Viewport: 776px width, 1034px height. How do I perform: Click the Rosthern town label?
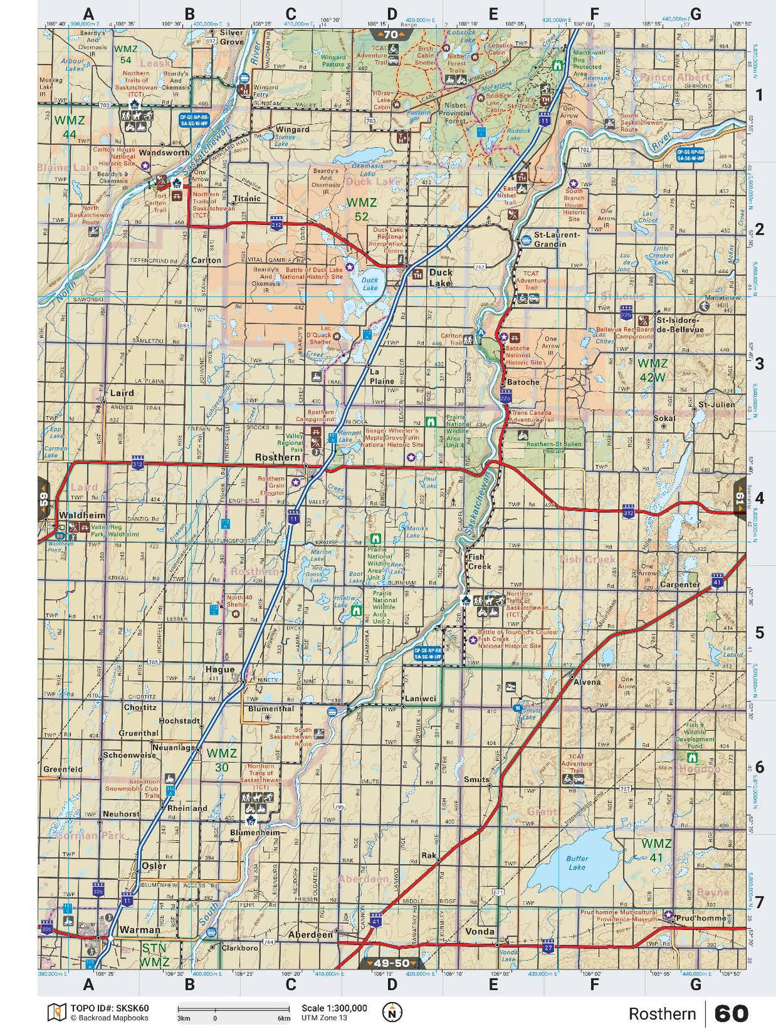(x=277, y=458)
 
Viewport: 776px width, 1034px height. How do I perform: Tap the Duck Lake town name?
(x=440, y=277)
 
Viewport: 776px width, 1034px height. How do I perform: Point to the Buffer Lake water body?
(x=577, y=863)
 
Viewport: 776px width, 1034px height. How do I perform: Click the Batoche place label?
(x=524, y=382)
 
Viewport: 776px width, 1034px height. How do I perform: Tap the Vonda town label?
(x=480, y=932)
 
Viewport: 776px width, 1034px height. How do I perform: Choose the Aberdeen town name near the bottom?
(x=311, y=934)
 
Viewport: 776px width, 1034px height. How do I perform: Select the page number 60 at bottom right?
(x=731, y=1014)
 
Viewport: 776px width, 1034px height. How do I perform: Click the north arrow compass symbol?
(x=392, y=1012)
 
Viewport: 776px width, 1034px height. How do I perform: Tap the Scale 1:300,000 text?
(x=334, y=1008)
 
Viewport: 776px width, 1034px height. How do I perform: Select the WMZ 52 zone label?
(x=362, y=209)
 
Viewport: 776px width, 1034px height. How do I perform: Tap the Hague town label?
(x=220, y=670)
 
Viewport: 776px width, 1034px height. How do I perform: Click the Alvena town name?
(x=587, y=682)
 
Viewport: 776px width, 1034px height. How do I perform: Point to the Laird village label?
(x=122, y=393)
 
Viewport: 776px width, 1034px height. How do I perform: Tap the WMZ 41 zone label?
(x=656, y=851)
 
